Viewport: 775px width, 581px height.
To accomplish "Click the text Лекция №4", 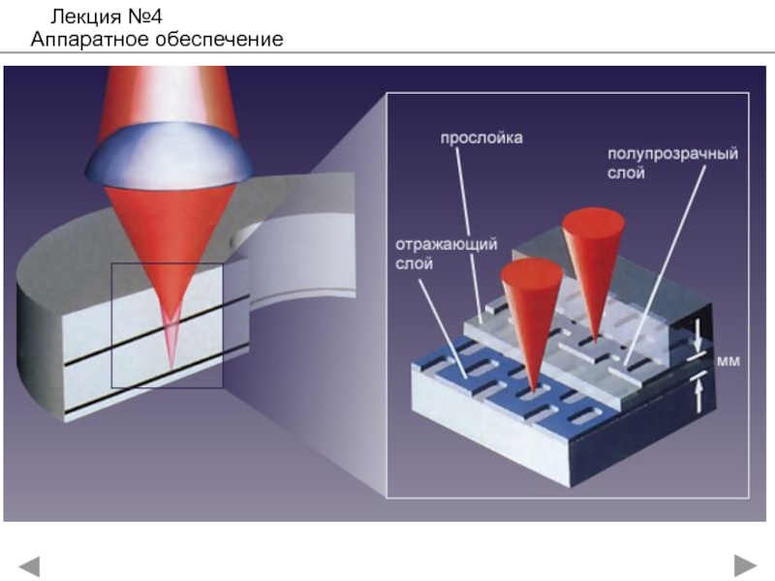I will coord(108,16).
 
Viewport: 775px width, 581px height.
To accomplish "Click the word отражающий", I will coord(447,244).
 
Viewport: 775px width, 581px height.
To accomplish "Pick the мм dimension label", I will coord(728,360).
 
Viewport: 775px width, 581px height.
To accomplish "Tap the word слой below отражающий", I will coord(410,262).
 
